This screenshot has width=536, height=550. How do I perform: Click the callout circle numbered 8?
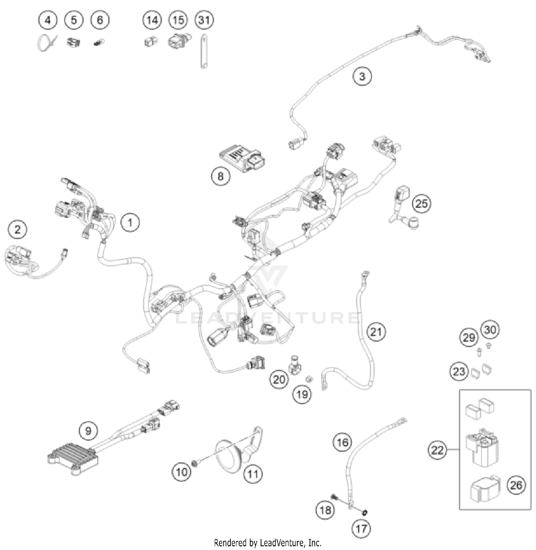click(x=220, y=176)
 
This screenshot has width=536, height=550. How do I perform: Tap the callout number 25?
click(x=422, y=203)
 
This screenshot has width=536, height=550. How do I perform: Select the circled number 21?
click(x=376, y=332)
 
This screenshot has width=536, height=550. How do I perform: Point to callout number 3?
click(x=362, y=76)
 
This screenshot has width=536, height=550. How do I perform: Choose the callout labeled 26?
click(x=516, y=485)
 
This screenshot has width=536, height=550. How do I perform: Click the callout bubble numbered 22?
click(x=437, y=450)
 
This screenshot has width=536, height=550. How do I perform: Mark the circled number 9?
click(x=88, y=431)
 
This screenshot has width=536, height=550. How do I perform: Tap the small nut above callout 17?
click(x=364, y=513)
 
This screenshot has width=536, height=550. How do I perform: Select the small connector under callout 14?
click(x=151, y=42)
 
